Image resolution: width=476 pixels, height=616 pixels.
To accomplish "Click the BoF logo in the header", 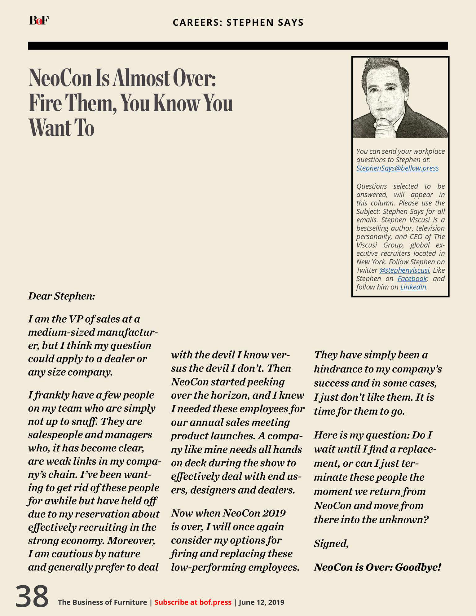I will click(x=39, y=20).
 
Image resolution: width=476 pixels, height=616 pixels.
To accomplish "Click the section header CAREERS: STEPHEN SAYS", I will click(x=238, y=22).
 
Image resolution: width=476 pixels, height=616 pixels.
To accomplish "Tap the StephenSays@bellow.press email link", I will click(x=397, y=168).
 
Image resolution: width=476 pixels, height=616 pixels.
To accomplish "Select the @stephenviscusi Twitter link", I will click(x=404, y=270).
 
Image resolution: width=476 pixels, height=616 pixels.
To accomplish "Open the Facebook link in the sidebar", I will click(x=412, y=279).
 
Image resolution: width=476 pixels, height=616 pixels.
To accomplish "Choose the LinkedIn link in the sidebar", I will click(x=413, y=287).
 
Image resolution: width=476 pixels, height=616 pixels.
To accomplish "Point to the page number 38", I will click(x=32, y=596).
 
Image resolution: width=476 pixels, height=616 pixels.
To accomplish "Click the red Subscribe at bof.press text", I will click(x=193, y=602).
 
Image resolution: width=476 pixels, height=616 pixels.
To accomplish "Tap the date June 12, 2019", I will click(x=261, y=602).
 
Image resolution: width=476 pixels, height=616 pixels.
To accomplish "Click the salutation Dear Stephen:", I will click(x=61, y=296).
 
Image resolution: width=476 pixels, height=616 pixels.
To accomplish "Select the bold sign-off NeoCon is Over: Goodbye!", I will click(x=377, y=567).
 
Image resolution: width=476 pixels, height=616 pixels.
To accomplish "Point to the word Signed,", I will click(x=331, y=543).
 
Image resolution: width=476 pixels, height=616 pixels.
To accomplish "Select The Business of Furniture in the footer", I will click(x=102, y=602).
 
